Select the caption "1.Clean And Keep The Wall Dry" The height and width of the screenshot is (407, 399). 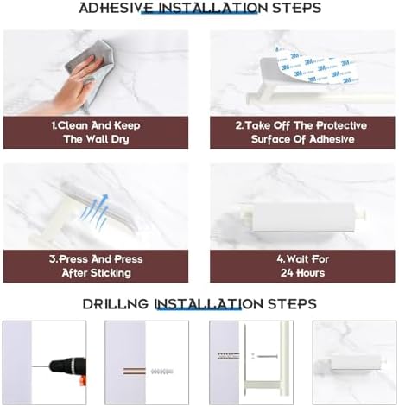click(95, 132)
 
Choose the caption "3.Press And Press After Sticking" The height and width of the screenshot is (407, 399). click(95, 265)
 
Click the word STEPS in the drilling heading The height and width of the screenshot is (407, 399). click(288, 304)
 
